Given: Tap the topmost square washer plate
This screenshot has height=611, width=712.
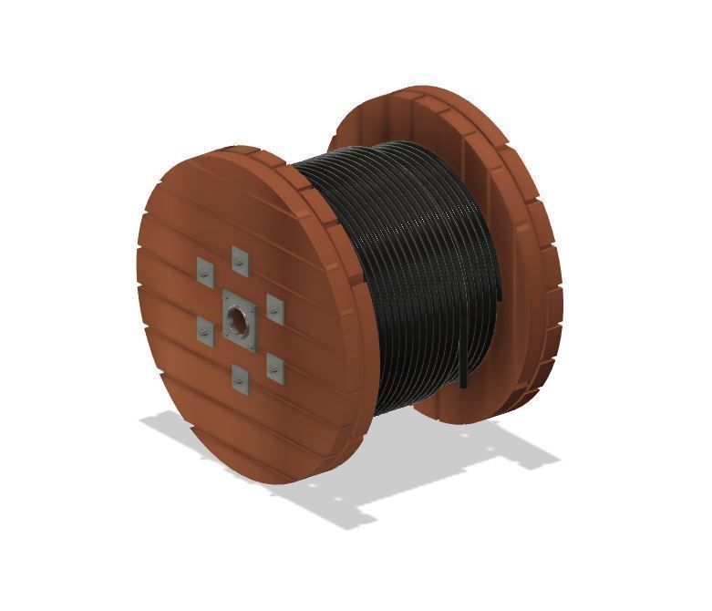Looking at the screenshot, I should tap(240, 261).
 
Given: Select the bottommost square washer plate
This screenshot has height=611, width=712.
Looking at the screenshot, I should tap(240, 378).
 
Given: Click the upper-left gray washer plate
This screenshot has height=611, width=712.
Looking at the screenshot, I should tap(205, 271).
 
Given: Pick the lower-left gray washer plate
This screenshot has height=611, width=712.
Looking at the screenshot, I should tap(205, 332).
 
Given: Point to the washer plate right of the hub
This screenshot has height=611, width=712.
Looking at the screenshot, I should tap(274, 310).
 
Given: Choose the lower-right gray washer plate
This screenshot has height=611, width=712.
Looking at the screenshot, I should tap(274, 368).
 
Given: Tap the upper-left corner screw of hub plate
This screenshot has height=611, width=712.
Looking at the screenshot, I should tap(226, 297).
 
